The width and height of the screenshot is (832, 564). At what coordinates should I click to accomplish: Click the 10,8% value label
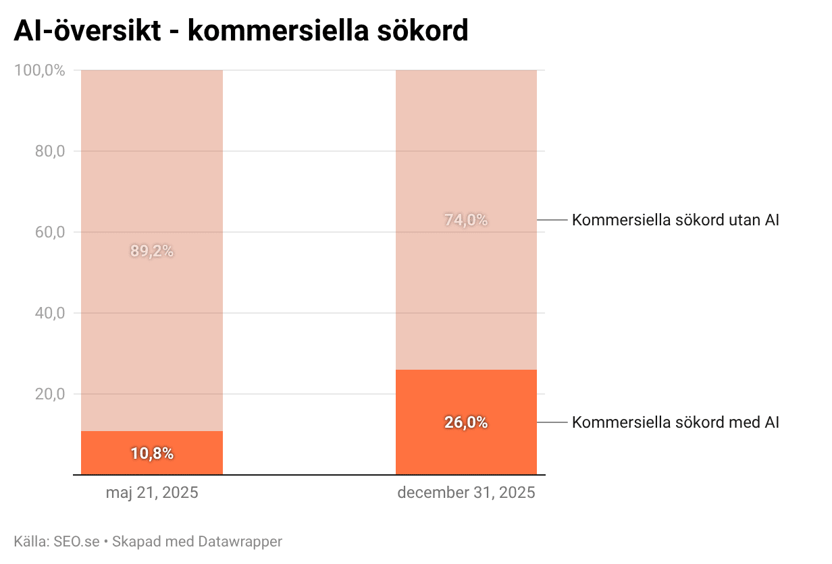[152, 453]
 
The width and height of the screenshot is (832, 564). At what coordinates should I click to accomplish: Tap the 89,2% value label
[152, 251]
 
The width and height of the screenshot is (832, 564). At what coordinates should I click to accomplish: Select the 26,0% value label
[466, 422]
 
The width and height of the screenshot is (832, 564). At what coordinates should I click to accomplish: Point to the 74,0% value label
[466, 220]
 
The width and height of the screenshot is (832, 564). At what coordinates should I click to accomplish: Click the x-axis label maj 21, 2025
[152, 492]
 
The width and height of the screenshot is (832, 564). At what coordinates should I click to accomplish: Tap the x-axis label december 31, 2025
[466, 492]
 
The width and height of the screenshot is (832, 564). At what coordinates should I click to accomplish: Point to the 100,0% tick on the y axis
[39, 70]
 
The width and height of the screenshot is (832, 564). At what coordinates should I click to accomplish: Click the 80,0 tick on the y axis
[49, 151]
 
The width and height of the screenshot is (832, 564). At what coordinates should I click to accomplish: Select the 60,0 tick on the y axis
[49, 232]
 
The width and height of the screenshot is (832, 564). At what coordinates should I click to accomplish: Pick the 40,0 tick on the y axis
[49, 313]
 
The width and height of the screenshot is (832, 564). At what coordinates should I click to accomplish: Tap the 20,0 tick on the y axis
[49, 394]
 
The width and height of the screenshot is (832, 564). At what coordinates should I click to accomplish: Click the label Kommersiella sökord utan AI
[675, 220]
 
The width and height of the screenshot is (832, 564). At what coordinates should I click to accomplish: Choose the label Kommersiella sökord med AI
[675, 422]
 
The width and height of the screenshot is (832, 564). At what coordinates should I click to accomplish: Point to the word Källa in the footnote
[30, 541]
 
